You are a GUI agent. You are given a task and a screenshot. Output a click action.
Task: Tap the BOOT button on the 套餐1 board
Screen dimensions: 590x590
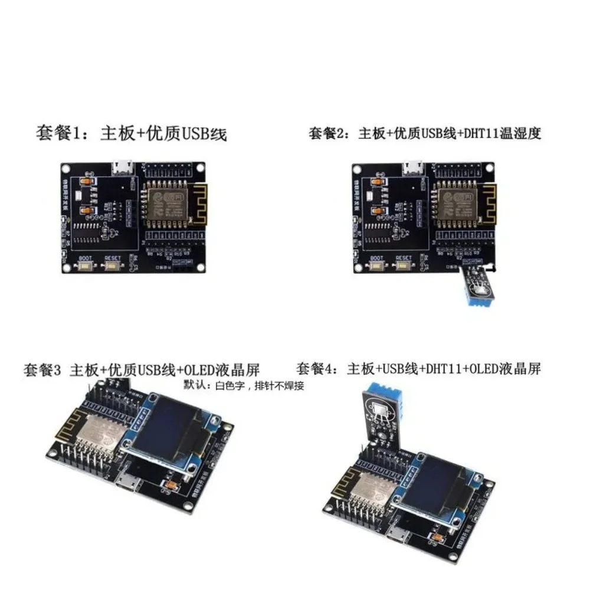pos(86,267)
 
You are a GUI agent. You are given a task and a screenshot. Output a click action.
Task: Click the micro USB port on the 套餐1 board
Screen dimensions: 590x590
pos(123,168)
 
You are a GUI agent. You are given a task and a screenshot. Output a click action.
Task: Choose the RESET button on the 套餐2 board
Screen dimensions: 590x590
pos(404,267)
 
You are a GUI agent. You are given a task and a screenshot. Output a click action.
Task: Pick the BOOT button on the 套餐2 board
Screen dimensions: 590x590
pos(376,267)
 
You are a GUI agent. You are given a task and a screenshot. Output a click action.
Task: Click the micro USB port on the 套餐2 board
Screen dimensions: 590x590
pos(413,168)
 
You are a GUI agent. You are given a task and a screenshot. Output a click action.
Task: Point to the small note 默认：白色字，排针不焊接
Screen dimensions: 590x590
pos(244,385)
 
